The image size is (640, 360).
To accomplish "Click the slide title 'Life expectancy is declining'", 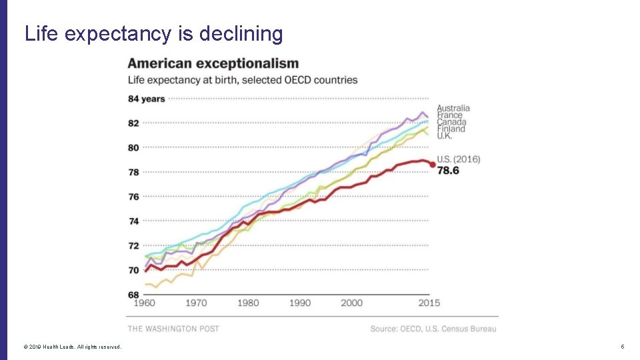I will (153, 33).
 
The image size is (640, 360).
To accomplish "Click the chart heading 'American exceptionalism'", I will (213, 64).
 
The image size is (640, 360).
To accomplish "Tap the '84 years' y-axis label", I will (146, 99).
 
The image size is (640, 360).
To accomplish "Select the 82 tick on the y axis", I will (133, 123).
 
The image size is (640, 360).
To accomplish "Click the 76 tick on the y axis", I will (133, 197).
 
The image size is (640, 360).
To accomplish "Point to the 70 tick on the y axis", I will (133, 270).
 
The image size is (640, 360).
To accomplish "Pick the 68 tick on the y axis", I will (133, 295).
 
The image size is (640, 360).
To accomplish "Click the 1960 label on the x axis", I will (144, 303).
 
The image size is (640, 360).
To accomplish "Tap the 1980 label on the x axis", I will (248, 303).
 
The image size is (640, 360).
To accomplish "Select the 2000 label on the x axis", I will (351, 303).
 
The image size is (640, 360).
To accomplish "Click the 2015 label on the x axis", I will (429, 303).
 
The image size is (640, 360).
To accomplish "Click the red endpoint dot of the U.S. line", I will (433, 164).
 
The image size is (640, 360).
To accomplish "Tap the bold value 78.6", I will (448, 171).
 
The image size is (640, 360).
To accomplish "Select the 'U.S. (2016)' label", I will (458, 159).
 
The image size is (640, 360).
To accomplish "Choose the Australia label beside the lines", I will (453, 108).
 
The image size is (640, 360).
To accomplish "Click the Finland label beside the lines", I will (451, 129).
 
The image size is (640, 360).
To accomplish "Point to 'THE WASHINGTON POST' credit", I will (173, 329).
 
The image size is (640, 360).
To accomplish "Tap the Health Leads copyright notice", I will (73, 347).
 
